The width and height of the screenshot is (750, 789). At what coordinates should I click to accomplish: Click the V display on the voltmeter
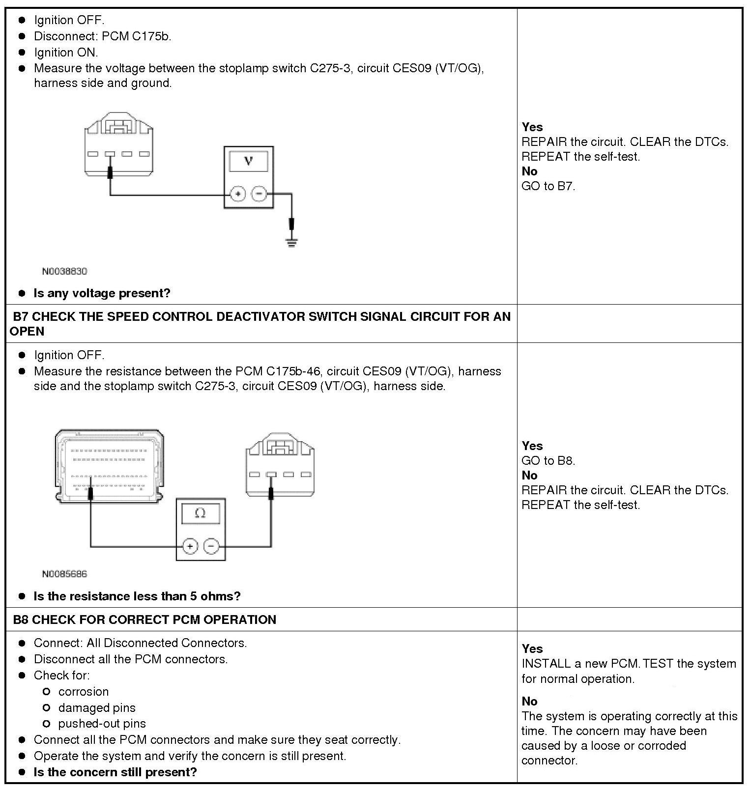pos(249,161)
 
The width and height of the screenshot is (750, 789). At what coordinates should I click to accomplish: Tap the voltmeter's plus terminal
pos(238,194)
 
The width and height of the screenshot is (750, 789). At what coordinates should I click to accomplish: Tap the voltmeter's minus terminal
pos(259,194)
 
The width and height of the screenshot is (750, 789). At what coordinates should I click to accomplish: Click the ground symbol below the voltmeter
pos(291,242)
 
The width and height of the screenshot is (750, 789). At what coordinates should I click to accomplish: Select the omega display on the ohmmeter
pos(201,513)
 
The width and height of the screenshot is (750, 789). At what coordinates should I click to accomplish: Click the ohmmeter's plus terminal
pos(190,546)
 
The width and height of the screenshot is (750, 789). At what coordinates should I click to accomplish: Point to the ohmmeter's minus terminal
pos(211,546)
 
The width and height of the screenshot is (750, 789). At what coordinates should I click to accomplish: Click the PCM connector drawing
pos(109,465)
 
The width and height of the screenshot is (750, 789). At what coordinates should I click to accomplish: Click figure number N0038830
pos(64,271)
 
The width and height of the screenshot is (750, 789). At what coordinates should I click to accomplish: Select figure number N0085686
pos(64,574)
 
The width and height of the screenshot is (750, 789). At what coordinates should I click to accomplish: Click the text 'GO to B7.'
pos(548,186)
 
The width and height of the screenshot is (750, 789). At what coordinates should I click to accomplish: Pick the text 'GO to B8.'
pos(548,461)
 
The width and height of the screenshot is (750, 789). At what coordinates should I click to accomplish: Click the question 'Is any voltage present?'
pos(102,293)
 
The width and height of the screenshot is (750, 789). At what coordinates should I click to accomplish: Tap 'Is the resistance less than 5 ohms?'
pos(137,596)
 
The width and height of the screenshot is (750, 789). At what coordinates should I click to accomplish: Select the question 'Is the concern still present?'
pos(115,772)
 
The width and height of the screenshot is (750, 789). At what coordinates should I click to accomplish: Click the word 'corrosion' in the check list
pos(84,692)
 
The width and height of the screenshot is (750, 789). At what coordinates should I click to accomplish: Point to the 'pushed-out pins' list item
pos(102,724)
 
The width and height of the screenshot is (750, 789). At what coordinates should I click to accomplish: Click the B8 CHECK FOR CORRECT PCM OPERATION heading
pos(144,620)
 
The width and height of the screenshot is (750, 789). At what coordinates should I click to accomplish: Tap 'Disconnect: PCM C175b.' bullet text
pos(102,36)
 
